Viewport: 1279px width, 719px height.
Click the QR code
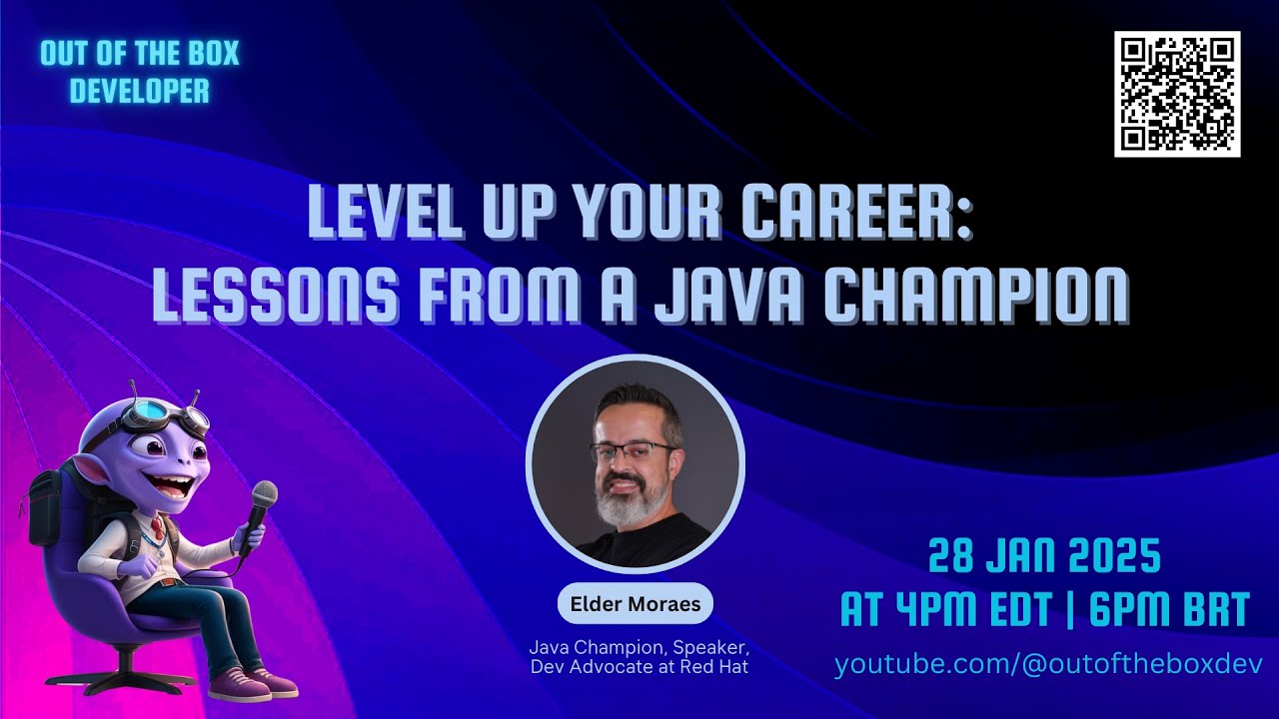[1177, 94]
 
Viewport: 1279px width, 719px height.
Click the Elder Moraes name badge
[636, 604]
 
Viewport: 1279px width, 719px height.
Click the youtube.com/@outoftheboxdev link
[1048, 664]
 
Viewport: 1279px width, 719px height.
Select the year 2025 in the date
[1115, 557]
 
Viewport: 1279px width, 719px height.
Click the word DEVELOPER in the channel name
[140, 91]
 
